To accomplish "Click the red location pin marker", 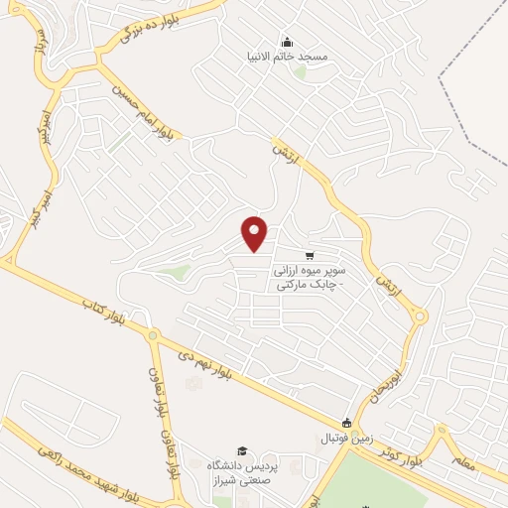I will tap(255, 233).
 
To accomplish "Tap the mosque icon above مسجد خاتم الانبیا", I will tap(287, 42).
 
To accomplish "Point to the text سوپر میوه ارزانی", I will tap(311, 270).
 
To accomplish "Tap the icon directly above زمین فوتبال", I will tap(345, 423).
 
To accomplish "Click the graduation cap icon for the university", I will tap(242, 451).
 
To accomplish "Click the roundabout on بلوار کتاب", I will tap(154, 335).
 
